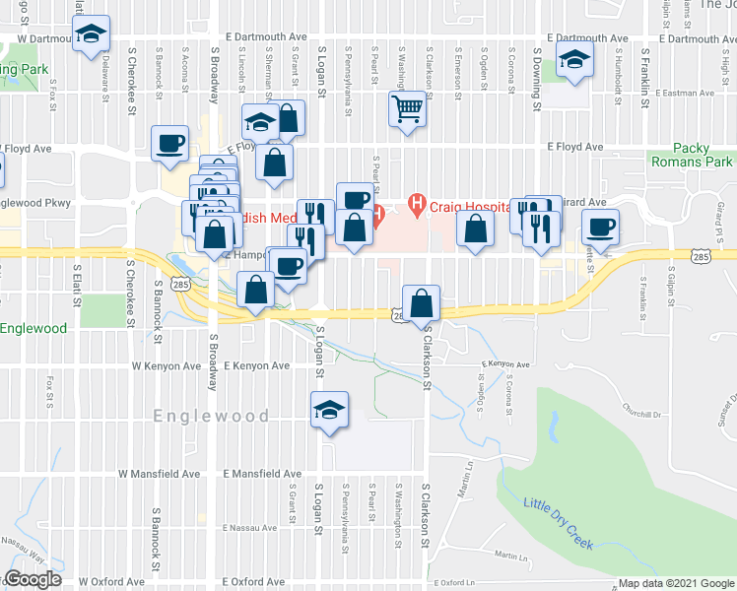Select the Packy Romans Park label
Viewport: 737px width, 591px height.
pos(690,154)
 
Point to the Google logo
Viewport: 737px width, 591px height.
pos(32,579)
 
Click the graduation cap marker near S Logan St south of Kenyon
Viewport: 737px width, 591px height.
pos(329,411)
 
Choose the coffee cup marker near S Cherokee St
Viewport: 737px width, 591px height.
pos(169,144)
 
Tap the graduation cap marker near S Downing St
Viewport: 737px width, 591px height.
pos(574,59)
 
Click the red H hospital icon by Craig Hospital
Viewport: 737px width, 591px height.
pos(416,205)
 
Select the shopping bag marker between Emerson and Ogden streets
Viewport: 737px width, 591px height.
pos(475,230)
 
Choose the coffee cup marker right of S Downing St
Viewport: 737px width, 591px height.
pos(599,229)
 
